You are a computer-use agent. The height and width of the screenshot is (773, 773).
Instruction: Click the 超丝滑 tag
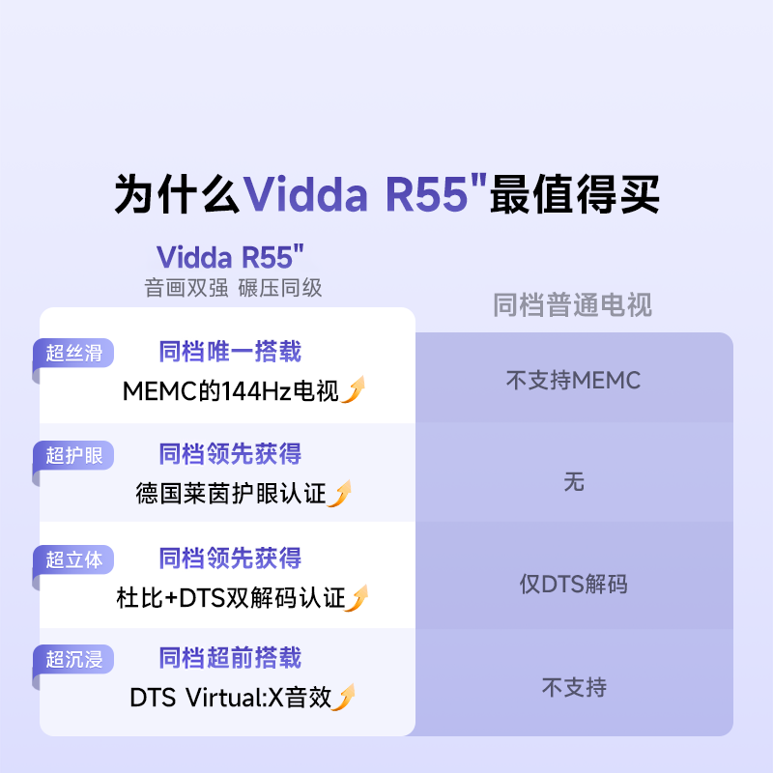[73, 353]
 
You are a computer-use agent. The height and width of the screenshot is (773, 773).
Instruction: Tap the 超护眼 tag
[73, 455]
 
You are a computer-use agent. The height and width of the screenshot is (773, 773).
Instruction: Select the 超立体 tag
[73, 559]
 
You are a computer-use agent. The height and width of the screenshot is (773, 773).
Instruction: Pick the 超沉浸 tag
[73, 660]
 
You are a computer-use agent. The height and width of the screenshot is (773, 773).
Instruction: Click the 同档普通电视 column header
[572, 305]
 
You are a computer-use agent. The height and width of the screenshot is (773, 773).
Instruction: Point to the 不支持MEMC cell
[573, 381]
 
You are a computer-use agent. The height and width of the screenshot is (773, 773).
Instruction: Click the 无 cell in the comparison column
[574, 481]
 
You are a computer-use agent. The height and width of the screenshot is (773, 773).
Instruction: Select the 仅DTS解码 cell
[573, 585]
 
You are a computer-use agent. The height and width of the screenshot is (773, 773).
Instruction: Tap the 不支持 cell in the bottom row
[574, 688]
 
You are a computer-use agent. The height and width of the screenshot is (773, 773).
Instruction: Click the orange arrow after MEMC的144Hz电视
[355, 390]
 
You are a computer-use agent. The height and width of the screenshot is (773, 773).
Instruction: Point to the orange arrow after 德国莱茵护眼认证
[340, 494]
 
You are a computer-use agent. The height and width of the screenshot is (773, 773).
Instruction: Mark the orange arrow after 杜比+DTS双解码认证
[358, 598]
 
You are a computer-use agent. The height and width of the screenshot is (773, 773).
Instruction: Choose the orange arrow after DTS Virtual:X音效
[344, 697]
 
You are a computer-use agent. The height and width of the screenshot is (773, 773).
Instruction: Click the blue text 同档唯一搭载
[230, 351]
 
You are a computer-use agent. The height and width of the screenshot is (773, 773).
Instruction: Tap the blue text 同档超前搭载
[230, 658]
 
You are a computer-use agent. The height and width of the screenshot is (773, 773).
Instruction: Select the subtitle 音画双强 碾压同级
[233, 287]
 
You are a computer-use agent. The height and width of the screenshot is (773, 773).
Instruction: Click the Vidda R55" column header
[231, 257]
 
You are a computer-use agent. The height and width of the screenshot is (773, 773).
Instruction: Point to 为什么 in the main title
[177, 194]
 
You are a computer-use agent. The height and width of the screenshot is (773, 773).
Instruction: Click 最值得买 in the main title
[574, 194]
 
